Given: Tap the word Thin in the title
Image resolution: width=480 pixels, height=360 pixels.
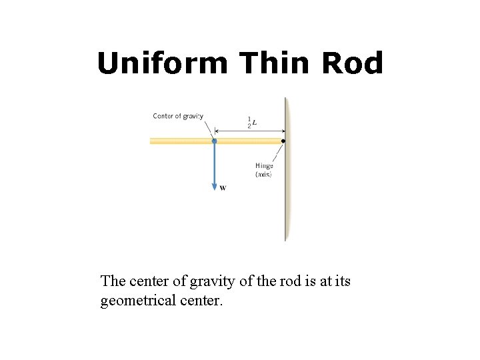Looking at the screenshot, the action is (x=275, y=64).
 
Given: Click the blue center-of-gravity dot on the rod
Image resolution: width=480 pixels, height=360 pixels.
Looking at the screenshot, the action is (x=214, y=141).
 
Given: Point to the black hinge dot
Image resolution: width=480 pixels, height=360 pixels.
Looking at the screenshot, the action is (x=283, y=141).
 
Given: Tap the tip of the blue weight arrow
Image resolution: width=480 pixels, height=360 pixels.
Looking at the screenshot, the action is (x=214, y=189).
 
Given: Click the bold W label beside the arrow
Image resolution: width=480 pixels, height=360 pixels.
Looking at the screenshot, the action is (x=223, y=188).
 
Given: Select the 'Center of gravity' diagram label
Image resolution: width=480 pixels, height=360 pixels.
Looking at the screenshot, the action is (x=178, y=116).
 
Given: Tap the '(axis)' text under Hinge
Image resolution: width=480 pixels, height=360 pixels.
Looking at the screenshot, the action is (x=264, y=174).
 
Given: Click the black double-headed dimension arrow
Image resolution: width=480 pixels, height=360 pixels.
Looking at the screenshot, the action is (x=251, y=131).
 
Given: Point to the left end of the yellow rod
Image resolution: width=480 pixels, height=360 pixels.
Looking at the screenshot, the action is (x=152, y=141).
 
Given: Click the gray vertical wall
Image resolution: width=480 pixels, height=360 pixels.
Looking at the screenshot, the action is (x=287, y=200).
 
